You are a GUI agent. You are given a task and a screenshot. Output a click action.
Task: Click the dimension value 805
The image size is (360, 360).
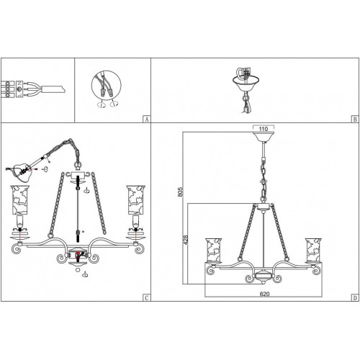(x=180, y=192)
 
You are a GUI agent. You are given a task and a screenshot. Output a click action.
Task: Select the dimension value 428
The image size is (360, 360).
(x=186, y=240)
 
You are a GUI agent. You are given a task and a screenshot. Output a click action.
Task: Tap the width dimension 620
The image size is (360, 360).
(x=264, y=294)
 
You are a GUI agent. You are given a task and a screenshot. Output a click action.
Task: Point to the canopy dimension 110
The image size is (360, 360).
(x=264, y=129)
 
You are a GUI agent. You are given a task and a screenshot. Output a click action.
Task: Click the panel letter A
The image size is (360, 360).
(x=147, y=120)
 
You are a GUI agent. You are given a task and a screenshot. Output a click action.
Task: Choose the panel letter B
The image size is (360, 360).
(x=355, y=120)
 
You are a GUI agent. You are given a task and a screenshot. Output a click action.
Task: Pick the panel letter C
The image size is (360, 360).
(x=147, y=298)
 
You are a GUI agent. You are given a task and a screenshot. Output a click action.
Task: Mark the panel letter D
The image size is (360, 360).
(x=355, y=298)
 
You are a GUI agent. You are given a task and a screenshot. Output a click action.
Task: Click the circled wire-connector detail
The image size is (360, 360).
(x=106, y=86)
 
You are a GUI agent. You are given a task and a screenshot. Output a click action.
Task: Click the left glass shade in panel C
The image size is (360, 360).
(x=19, y=199)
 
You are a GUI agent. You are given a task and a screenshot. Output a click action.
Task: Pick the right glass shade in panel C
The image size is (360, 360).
(x=136, y=199)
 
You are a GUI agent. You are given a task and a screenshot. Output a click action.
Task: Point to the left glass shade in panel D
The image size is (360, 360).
(x=213, y=251)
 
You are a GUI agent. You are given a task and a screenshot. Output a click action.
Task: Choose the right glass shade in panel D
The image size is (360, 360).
(x=313, y=251)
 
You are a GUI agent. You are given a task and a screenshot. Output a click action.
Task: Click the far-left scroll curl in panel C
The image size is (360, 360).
(x=17, y=248)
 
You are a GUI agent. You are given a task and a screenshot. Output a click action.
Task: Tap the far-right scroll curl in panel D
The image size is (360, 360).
(x=317, y=271)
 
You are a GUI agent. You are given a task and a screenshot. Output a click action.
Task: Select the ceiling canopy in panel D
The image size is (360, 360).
(x=264, y=136)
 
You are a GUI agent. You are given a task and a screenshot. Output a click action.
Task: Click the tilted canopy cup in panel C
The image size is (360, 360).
(x=21, y=170)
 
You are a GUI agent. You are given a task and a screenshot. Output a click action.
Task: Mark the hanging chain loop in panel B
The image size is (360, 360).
(x=246, y=104)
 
